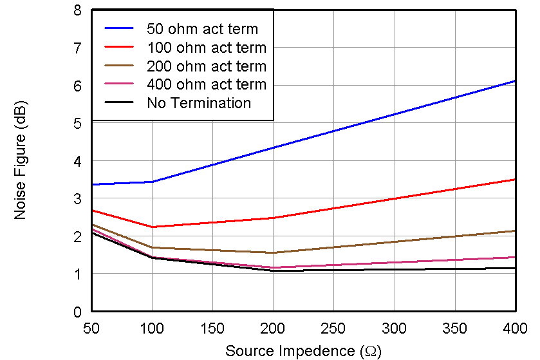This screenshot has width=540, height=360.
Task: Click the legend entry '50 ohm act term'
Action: pos(202,29)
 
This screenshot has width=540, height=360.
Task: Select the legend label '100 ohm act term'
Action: pos(206,48)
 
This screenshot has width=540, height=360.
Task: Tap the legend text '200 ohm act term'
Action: pos(206,66)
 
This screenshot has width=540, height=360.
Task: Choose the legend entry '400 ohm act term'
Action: pos(206,84)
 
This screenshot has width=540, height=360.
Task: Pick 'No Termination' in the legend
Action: pos(199,103)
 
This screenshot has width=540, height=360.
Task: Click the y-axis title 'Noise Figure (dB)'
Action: pos(21,160)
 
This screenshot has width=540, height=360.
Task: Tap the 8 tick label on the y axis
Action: pos(77,11)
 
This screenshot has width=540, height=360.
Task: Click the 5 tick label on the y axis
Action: pos(77,124)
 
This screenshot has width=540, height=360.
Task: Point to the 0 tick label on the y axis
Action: pos(77,312)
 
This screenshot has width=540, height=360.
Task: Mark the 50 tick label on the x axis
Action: pos(91,328)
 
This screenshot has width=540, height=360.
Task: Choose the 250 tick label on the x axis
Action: pos(333,328)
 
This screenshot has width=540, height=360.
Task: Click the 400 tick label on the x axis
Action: pos(514,328)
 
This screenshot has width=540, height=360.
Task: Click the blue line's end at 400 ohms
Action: pos(515,81)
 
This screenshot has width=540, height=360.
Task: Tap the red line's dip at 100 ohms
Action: pos(152,227)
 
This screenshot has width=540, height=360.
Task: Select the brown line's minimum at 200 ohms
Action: pos(273,252)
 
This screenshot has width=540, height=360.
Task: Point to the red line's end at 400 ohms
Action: pos(515,180)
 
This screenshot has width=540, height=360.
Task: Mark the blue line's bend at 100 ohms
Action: pos(152,182)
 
